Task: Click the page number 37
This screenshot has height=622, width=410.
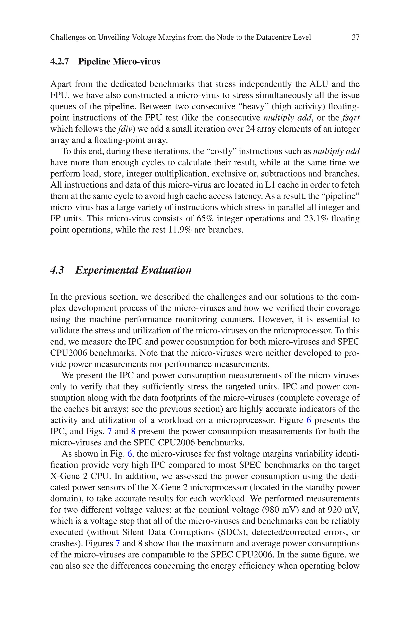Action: pyautogui.click(x=356, y=37)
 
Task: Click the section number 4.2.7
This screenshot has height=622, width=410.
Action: pyautogui.click(x=59, y=62)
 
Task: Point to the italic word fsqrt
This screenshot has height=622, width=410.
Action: pyautogui.click(x=351, y=118)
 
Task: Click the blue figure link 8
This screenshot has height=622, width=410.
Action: pyautogui.click(x=133, y=431)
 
